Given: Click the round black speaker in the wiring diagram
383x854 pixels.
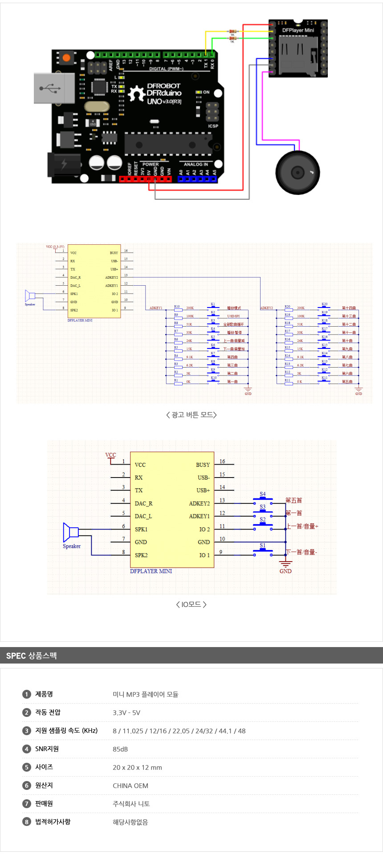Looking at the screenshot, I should tap(297, 172).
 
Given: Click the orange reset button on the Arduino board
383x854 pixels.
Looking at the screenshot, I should tap(66, 57).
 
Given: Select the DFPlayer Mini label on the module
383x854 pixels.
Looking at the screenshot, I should tap(298, 30).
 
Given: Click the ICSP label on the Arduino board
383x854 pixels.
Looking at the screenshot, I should tap(213, 126).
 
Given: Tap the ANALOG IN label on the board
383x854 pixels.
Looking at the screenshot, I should tap(196, 164).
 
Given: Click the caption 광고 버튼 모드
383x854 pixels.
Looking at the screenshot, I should tap(191, 415).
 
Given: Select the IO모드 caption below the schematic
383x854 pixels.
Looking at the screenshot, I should tap(191, 604).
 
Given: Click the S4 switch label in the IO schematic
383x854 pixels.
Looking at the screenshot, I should tap(263, 494).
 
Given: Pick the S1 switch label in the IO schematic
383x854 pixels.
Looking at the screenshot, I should tap(263, 545).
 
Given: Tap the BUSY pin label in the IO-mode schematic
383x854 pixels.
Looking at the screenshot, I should tap(203, 465).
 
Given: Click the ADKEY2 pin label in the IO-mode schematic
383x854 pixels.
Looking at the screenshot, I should tap(199, 503).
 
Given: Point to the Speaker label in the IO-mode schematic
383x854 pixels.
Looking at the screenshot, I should tap(72, 546).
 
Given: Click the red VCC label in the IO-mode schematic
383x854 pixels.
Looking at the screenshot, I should tap(110, 455).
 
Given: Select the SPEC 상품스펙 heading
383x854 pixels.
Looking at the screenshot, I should tap(31, 656).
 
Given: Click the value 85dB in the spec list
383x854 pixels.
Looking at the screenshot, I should tap(120, 749).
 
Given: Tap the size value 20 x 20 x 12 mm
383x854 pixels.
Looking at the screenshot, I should tap(137, 767).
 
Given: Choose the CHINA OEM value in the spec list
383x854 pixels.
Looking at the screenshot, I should tap(130, 785).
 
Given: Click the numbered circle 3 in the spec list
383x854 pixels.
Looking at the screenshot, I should tap(27, 731).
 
